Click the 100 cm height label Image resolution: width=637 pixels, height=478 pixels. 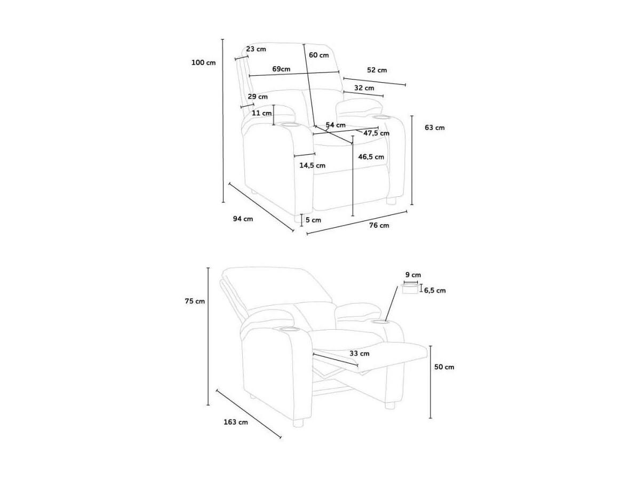point(204,62)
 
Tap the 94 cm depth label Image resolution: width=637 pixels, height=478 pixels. point(243,219)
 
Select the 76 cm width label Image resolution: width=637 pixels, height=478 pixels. point(379,225)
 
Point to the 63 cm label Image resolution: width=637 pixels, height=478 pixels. point(435,128)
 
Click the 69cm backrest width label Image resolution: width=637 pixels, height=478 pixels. point(281,69)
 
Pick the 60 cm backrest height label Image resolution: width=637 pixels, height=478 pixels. point(319,55)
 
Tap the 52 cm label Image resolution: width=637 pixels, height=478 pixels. point(377,70)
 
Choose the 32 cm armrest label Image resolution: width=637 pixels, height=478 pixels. point(364,87)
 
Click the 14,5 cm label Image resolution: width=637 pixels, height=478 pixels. point(313,165)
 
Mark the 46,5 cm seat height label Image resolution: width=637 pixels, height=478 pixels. point(371,157)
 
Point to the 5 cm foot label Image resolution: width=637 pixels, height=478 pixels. point(313,220)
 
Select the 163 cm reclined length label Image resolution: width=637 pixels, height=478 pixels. point(236,422)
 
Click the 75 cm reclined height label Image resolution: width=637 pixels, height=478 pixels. point(195,301)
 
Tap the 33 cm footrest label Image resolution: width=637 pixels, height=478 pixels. point(360,353)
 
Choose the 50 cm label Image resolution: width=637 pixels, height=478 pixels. point(444,367)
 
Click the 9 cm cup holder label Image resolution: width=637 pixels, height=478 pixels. point(413,275)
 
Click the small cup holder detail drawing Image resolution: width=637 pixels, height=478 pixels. point(410,288)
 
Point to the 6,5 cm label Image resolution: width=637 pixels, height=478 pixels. point(435,290)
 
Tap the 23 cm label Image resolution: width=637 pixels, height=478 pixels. point(256,49)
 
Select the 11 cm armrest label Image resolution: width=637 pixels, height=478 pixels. point(261,113)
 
